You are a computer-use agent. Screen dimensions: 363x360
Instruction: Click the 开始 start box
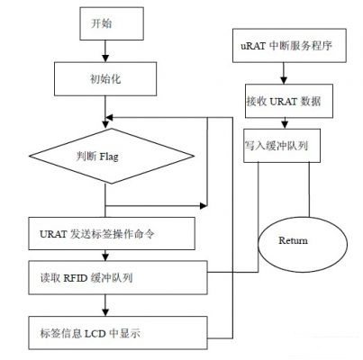112,23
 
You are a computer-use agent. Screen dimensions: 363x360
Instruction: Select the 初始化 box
105,79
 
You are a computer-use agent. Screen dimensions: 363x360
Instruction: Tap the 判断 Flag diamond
112,156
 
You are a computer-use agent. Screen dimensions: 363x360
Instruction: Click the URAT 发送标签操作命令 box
112,233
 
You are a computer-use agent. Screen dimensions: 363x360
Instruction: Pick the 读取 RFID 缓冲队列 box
118,277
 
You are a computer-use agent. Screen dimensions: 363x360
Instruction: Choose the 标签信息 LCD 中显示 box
118,333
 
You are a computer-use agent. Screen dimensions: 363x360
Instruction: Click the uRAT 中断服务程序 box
289,46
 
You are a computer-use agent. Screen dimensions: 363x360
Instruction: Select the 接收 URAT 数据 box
289,101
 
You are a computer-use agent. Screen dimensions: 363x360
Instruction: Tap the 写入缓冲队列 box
282,146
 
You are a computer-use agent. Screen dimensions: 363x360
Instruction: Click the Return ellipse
303,245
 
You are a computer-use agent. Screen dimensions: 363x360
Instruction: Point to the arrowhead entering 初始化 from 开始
105,58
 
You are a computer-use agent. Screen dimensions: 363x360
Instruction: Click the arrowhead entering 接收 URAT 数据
284,80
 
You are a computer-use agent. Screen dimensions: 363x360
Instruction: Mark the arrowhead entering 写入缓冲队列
285,125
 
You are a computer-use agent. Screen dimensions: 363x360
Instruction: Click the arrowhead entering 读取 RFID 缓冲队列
105,257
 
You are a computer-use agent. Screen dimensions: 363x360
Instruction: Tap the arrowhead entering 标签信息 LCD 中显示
105,312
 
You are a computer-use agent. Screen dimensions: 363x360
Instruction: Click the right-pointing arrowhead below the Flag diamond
204,206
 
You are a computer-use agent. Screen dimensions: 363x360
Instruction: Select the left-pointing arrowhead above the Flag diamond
110,117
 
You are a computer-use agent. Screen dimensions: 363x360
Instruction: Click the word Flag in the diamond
109,157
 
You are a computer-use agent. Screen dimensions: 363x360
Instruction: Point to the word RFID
76,278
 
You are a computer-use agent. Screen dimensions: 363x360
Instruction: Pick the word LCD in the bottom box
95,333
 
